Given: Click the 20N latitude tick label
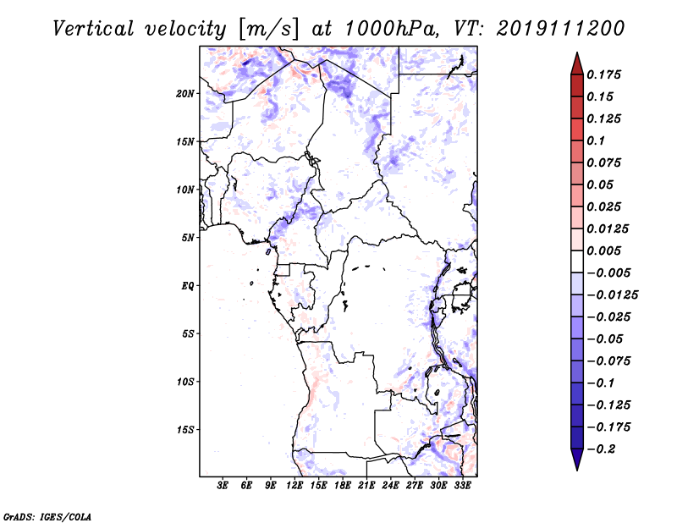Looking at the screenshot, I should click(x=185, y=93).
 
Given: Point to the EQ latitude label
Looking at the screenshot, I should click(x=188, y=286).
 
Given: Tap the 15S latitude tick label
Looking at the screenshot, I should click(x=185, y=430).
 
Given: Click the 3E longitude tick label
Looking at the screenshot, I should click(x=223, y=487).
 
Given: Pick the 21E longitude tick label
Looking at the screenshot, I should click(x=366, y=487).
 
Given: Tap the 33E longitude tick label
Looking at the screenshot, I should click(x=462, y=487).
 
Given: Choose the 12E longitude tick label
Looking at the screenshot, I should click(x=294, y=487).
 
